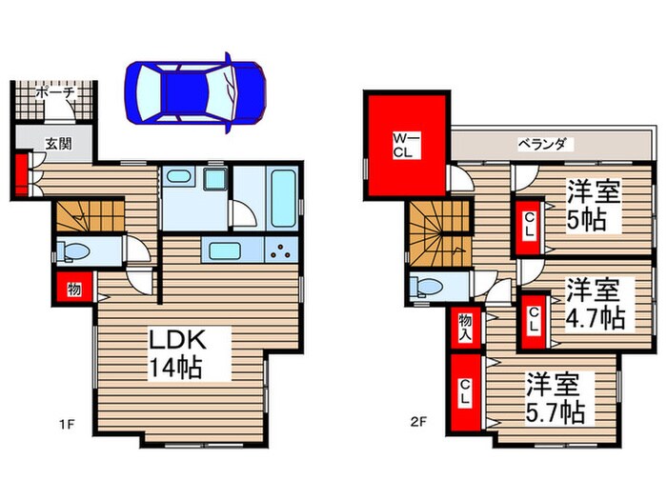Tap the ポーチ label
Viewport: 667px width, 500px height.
(55, 94)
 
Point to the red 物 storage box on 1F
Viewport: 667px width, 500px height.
(71, 288)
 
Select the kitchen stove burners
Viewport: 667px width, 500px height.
(283, 252)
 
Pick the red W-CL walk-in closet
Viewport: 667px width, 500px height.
(405, 144)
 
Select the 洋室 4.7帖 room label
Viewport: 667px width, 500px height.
(593, 302)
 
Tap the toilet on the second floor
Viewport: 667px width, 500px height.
(427, 287)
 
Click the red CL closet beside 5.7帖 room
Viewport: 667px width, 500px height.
(464, 393)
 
